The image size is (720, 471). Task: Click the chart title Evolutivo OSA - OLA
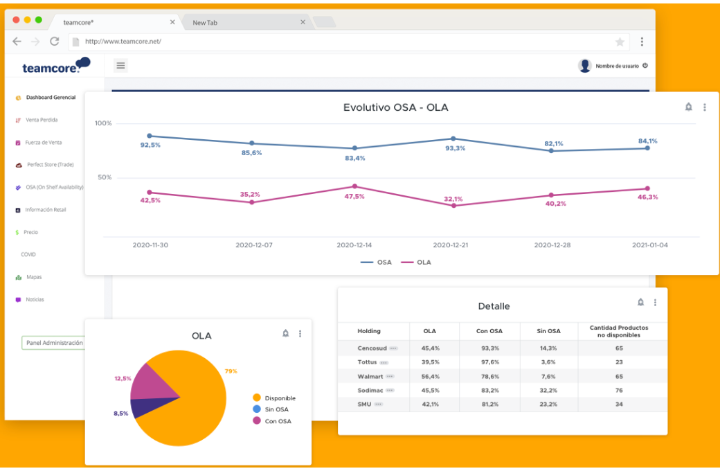(395, 107)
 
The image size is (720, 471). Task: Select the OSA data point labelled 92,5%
(150, 136)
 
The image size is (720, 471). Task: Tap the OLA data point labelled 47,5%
(354, 186)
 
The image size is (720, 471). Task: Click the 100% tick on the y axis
(103, 123)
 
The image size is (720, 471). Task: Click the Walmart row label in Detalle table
(370, 376)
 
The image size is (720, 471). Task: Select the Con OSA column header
(489, 331)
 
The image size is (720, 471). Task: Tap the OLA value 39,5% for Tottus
(431, 362)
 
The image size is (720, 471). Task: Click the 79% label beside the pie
(231, 371)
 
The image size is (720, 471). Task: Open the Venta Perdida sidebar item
(42, 120)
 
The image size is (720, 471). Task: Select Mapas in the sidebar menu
(34, 277)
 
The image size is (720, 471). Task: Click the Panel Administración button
(54, 343)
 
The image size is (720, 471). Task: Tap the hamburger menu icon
(120, 66)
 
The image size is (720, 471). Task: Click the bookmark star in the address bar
(620, 42)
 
